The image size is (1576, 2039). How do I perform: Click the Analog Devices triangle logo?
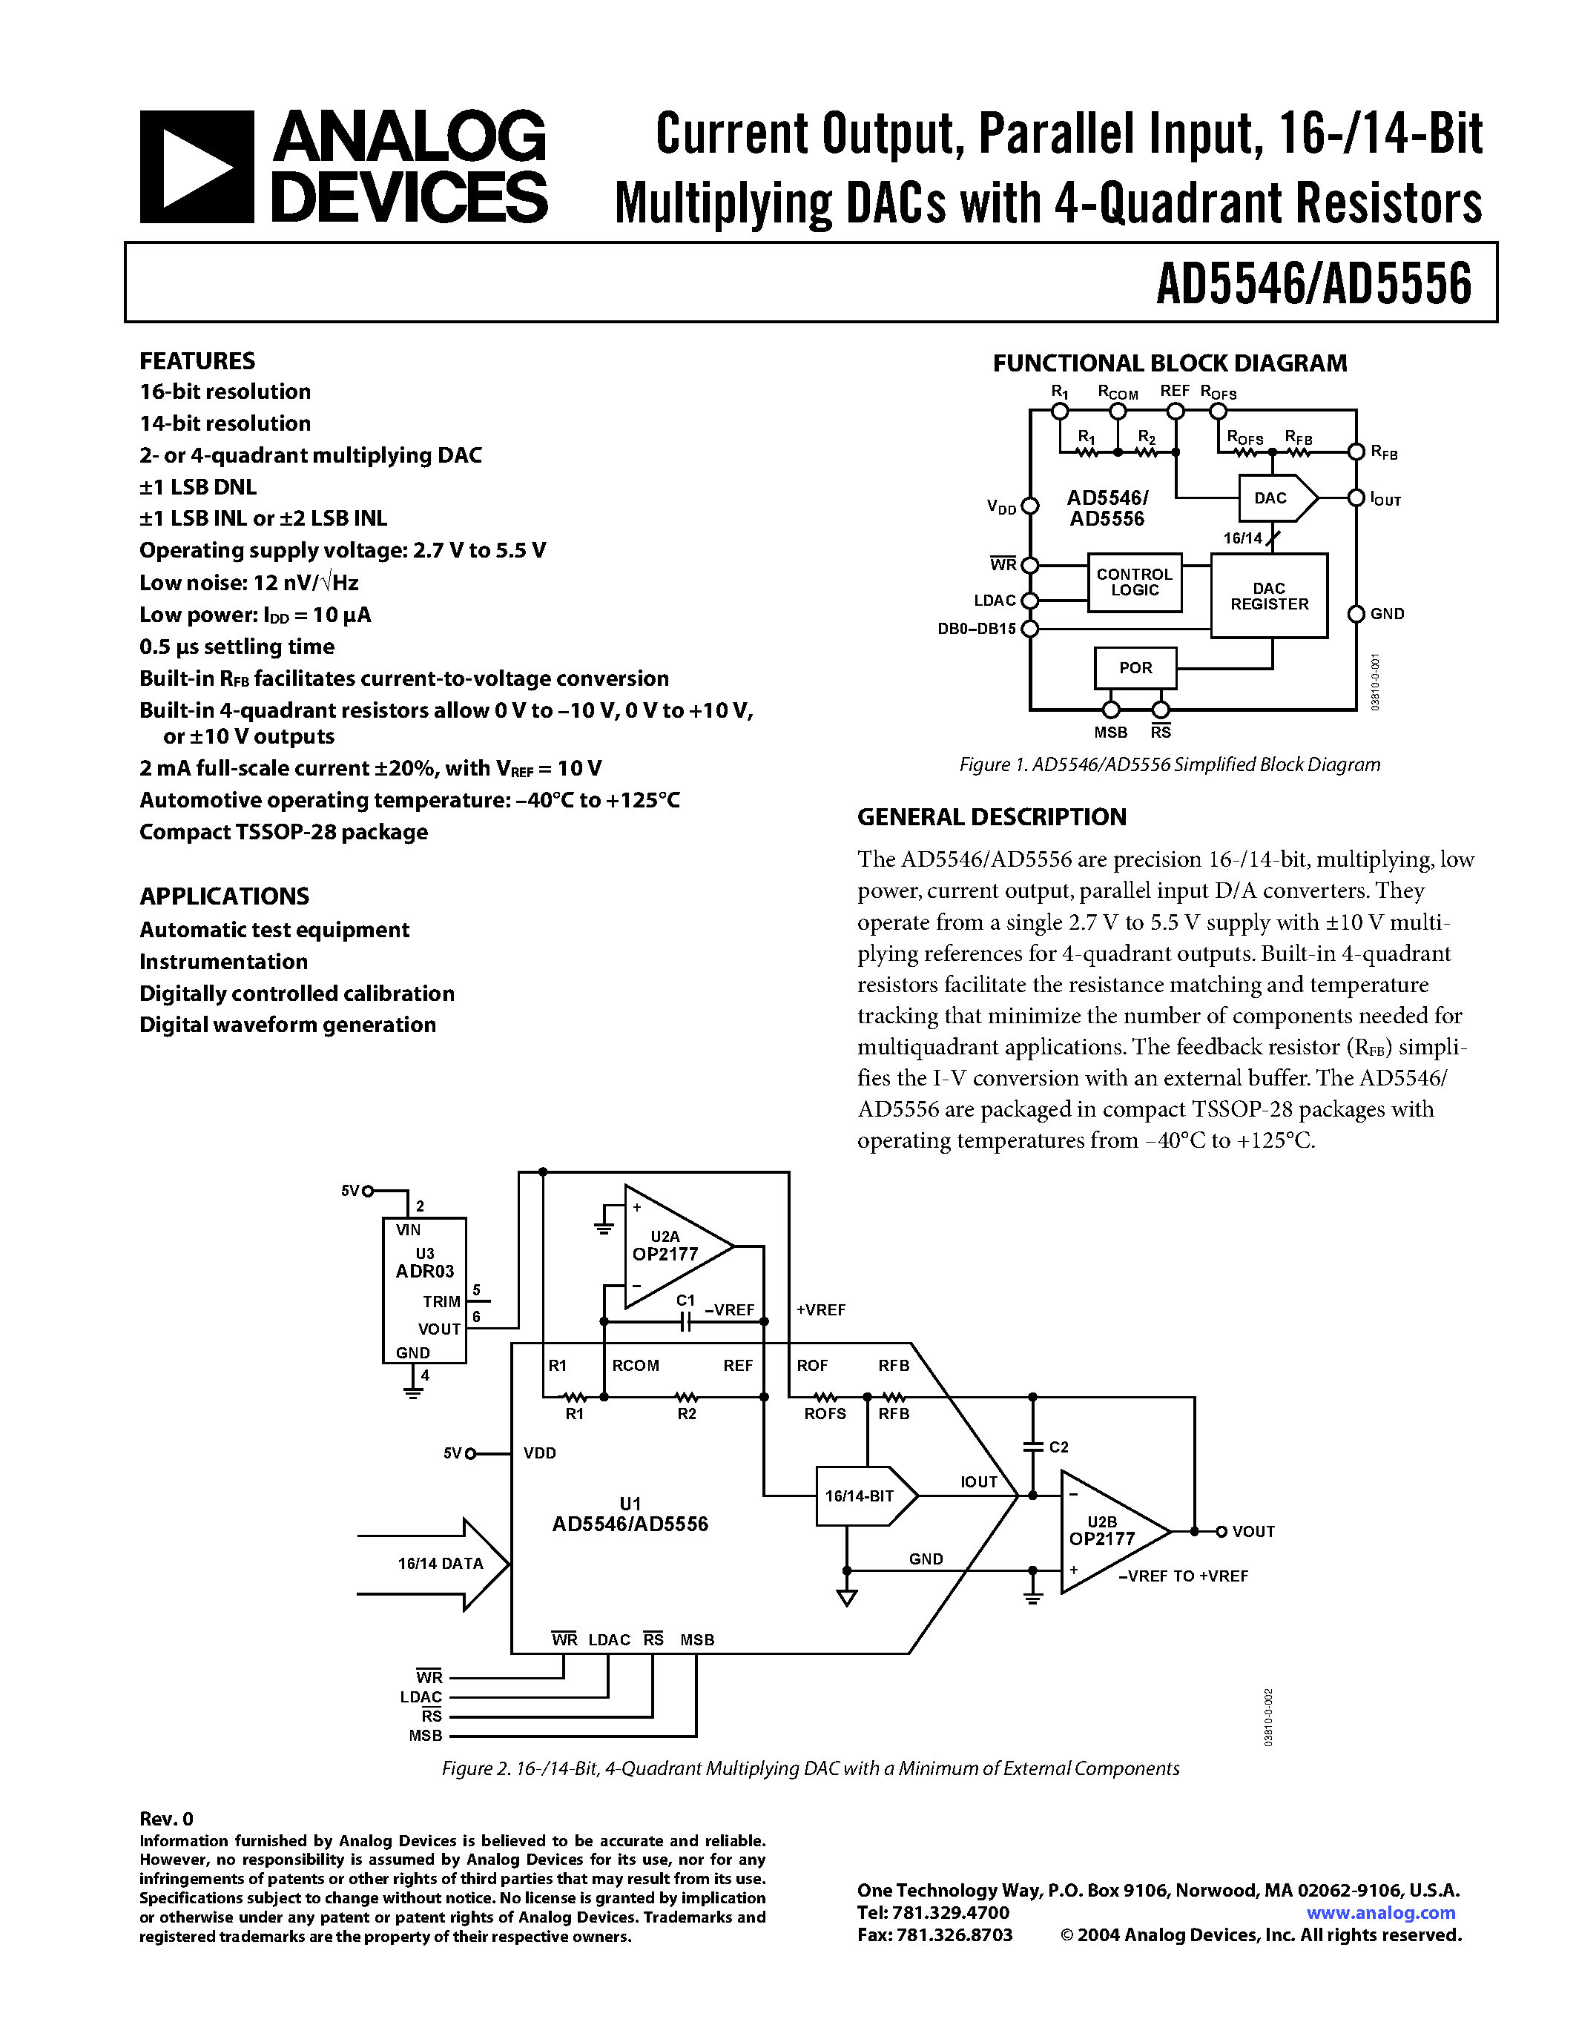point(196,167)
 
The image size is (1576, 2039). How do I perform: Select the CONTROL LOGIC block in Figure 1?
point(1135,583)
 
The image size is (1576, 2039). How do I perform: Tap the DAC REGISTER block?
point(1269,597)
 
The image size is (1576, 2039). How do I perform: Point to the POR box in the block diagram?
point(1135,667)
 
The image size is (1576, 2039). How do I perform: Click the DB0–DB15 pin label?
point(977,629)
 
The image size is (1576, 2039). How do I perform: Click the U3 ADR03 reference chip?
point(425,1289)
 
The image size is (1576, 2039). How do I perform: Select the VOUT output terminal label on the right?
point(1253,1531)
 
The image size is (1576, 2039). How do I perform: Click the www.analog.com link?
point(1380,1913)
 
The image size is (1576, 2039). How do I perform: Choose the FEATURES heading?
point(197,361)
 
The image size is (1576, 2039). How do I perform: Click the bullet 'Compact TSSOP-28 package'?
point(284,832)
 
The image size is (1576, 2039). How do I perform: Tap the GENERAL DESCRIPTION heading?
point(992,817)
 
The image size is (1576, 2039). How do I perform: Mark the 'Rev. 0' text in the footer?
point(166,1819)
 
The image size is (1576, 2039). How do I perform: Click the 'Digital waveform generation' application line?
point(288,1025)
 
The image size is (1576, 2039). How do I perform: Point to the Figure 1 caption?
point(1169,764)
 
